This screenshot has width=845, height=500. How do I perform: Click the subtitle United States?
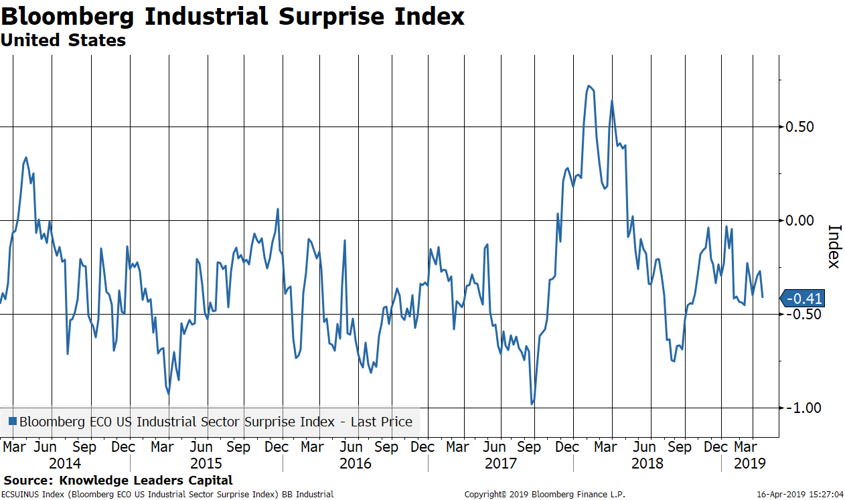63,40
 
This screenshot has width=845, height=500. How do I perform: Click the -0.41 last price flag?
804,299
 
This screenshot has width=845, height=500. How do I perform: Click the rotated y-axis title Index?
834,246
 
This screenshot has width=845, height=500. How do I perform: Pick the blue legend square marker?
12,422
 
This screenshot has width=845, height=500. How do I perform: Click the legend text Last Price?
384,422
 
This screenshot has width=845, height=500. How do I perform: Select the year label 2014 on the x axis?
65,463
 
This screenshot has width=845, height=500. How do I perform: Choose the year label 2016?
356,463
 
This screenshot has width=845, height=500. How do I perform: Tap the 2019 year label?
749,463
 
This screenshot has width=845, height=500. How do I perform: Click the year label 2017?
500,463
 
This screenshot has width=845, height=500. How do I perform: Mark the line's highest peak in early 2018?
588,86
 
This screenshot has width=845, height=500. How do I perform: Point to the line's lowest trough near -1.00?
532,404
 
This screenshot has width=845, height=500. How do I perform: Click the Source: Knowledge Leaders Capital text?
119,480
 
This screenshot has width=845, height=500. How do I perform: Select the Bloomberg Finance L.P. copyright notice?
544,495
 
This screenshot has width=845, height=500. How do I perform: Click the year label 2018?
647,463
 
